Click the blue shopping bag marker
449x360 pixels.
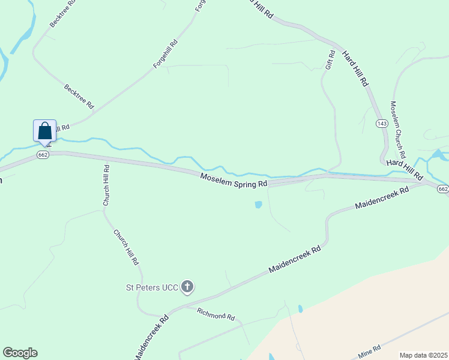pyautogui.click(x=44, y=131)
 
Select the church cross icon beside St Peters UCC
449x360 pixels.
pyautogui.click(x=187, y=287)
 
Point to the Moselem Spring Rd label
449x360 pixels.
pyautogui.click(x=234, y=179)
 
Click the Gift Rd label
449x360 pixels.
pyautogui.click(x=329, y=59)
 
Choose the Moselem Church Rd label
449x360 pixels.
pyautogui.click(x=399, y=126)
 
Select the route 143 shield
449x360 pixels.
pyautogui.click(x=382, y=123)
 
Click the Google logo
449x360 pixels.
pyautogui.click(x=20, y=353)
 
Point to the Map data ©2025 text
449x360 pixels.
pyautogui.click(x=423, y=355)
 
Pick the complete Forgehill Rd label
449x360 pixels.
pyautogui.click(x=166, y=54)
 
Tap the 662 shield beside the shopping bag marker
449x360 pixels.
pyautogui.click(x=42, y=154)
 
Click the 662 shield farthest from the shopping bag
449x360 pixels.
pyautogui.click(x=443, y=189)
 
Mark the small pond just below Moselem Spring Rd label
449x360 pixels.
pyautogui.click(x=258, y=205)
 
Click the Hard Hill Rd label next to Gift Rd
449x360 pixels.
pyautogui.click(x=355, y=69)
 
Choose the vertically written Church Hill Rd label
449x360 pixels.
pyautogui.click(x=106, y=185)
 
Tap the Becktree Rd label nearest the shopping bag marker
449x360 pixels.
pyautogui.click(x=79, y=96)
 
